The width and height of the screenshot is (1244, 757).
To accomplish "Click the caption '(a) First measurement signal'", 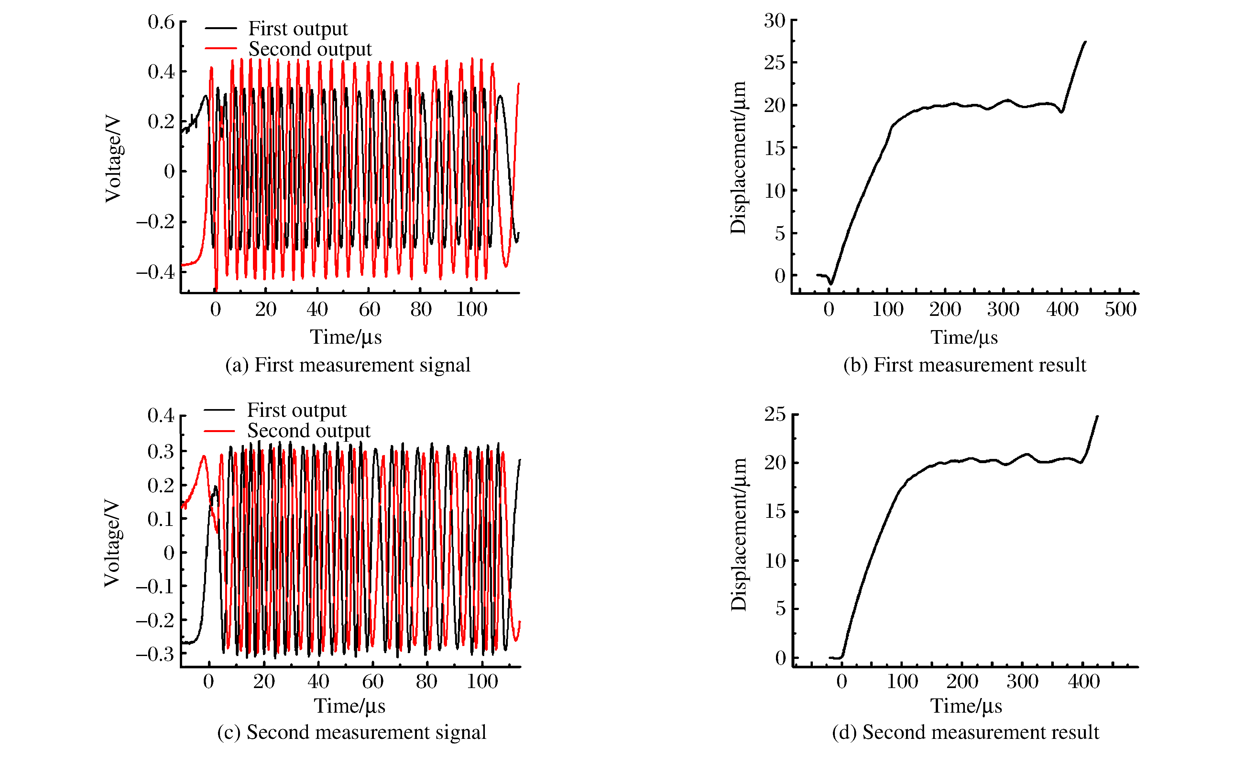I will tap(347, 365).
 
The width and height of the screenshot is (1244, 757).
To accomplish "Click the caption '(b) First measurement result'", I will tap(964, 365).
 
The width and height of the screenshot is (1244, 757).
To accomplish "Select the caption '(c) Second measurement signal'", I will tap(351, 732).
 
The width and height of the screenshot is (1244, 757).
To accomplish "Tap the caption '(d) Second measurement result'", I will tap(965, 732).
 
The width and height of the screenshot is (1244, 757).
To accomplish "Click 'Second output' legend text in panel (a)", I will tap(310, 49).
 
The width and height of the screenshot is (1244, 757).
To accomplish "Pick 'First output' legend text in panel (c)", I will tap(297, 410).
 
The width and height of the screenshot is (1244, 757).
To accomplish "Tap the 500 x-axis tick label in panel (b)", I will tap(1120, 309).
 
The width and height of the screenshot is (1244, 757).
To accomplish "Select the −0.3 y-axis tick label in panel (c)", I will tap(155, 654).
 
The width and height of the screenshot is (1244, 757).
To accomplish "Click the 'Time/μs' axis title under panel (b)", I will tap(964, 337).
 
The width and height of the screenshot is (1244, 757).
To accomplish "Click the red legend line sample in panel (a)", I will tap(221, 49).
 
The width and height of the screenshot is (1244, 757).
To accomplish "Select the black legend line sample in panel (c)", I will tap(219, 410).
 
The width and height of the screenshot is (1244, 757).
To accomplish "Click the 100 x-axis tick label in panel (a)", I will tap(472, 309).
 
